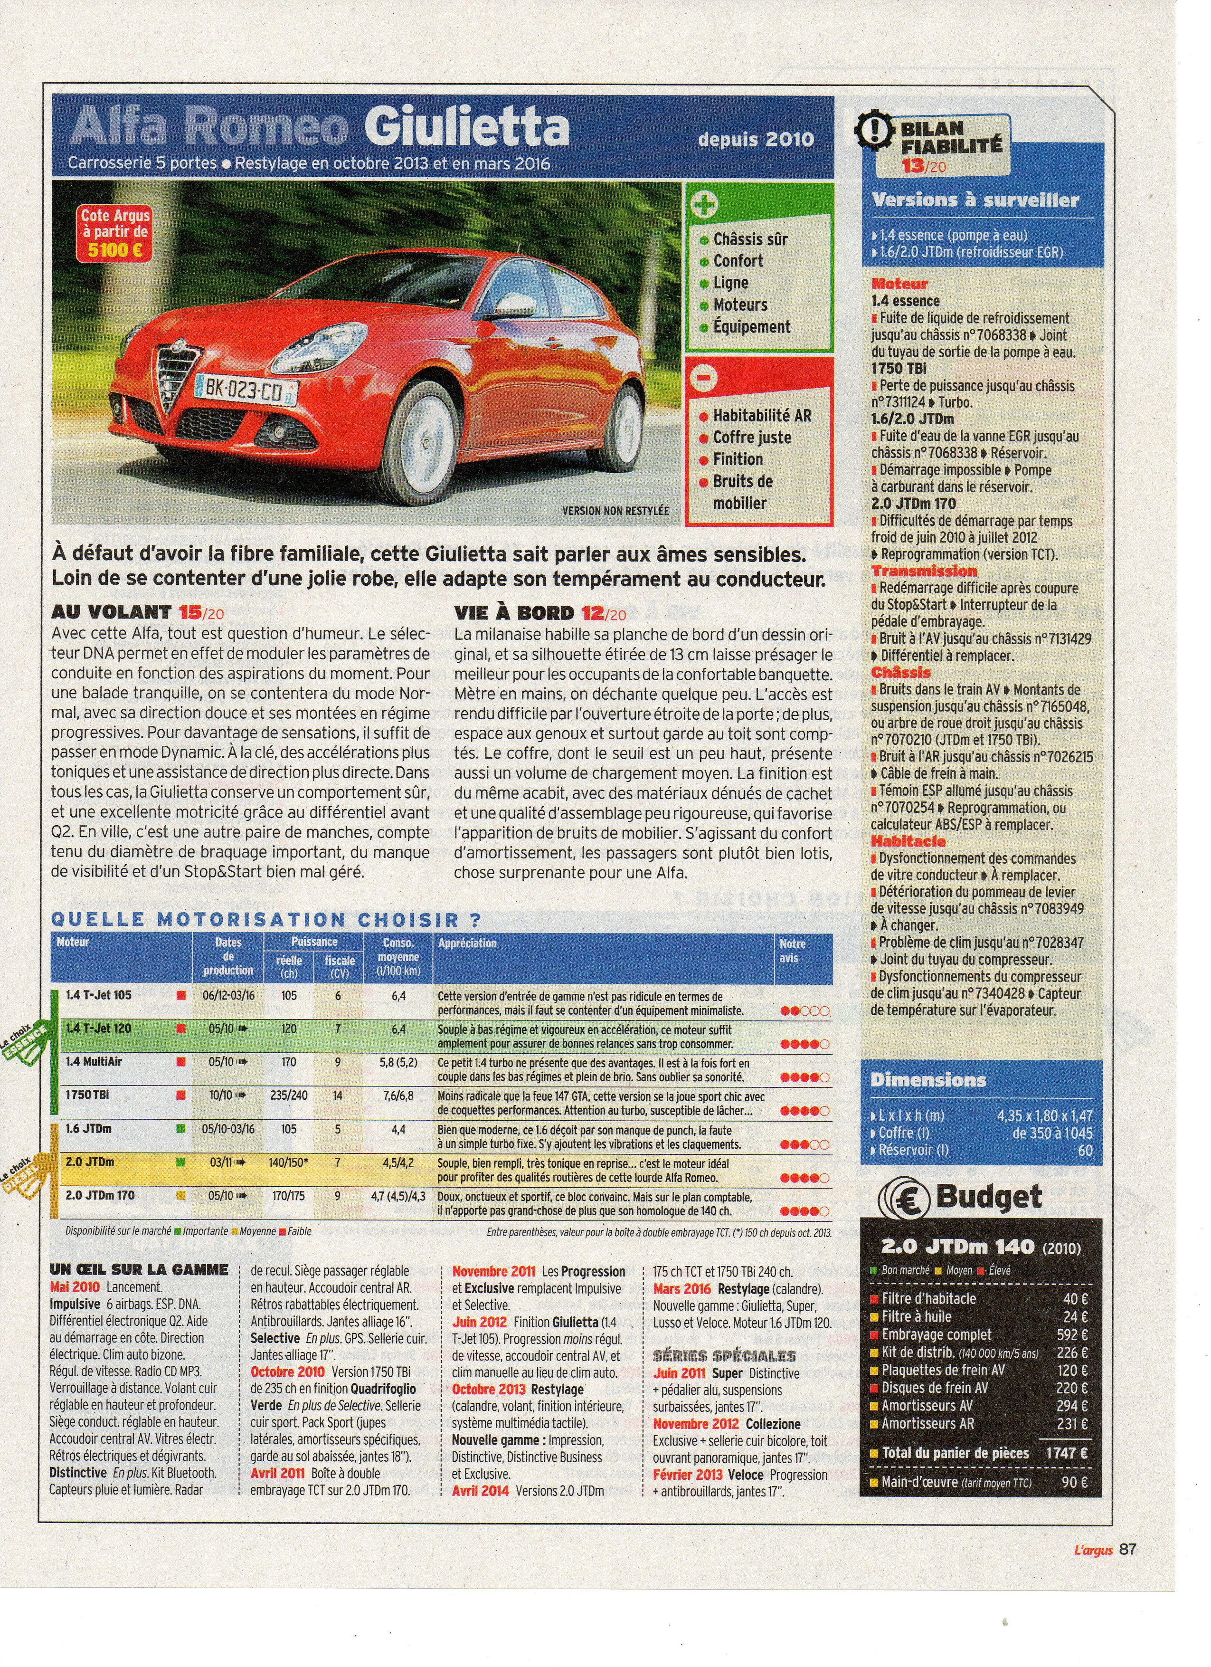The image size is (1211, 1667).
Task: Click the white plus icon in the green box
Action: click(704, 204)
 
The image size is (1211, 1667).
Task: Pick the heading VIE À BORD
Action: click(514, 613)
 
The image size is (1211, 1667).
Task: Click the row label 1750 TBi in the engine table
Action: click(87, 1095)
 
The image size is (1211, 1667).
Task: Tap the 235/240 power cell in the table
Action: click(289, 1095)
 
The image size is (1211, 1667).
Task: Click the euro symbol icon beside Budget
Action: click(908, 1197)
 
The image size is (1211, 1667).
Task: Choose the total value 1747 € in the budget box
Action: click(1067, 1453)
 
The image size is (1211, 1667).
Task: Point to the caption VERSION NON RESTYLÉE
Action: click(615, 510)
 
